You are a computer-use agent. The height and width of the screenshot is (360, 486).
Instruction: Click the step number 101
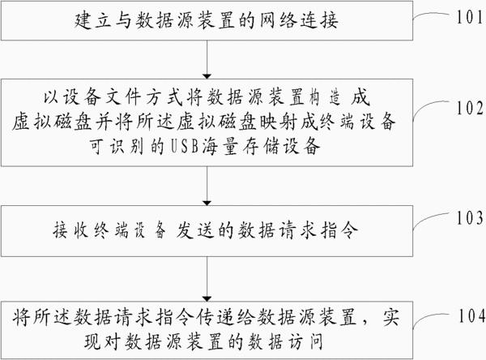pos(470,17)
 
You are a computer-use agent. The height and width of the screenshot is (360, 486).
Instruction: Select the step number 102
pos(470,108)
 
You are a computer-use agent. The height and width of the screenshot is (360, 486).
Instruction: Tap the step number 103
pos(470,218)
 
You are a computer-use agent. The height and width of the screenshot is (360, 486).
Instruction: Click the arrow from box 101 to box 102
pos(207,59)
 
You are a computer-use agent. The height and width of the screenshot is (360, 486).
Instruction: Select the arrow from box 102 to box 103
pos(207,186)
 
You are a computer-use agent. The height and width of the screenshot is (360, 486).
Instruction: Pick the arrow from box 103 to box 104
pos(207,279)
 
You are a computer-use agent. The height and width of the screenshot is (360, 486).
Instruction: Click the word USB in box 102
pos(185,146)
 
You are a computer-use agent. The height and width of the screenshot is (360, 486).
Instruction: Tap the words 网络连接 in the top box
pos(298,20)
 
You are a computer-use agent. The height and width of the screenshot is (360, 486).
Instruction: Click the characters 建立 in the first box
pos(93,20)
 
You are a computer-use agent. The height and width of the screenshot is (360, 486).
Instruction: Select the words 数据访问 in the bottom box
pos(285,341)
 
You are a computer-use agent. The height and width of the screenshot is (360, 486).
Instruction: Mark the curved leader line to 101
pos(431,15)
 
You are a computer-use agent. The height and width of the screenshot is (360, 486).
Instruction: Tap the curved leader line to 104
pos(430,317)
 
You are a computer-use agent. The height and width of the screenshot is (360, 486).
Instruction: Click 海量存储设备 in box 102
pos(261,146)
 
